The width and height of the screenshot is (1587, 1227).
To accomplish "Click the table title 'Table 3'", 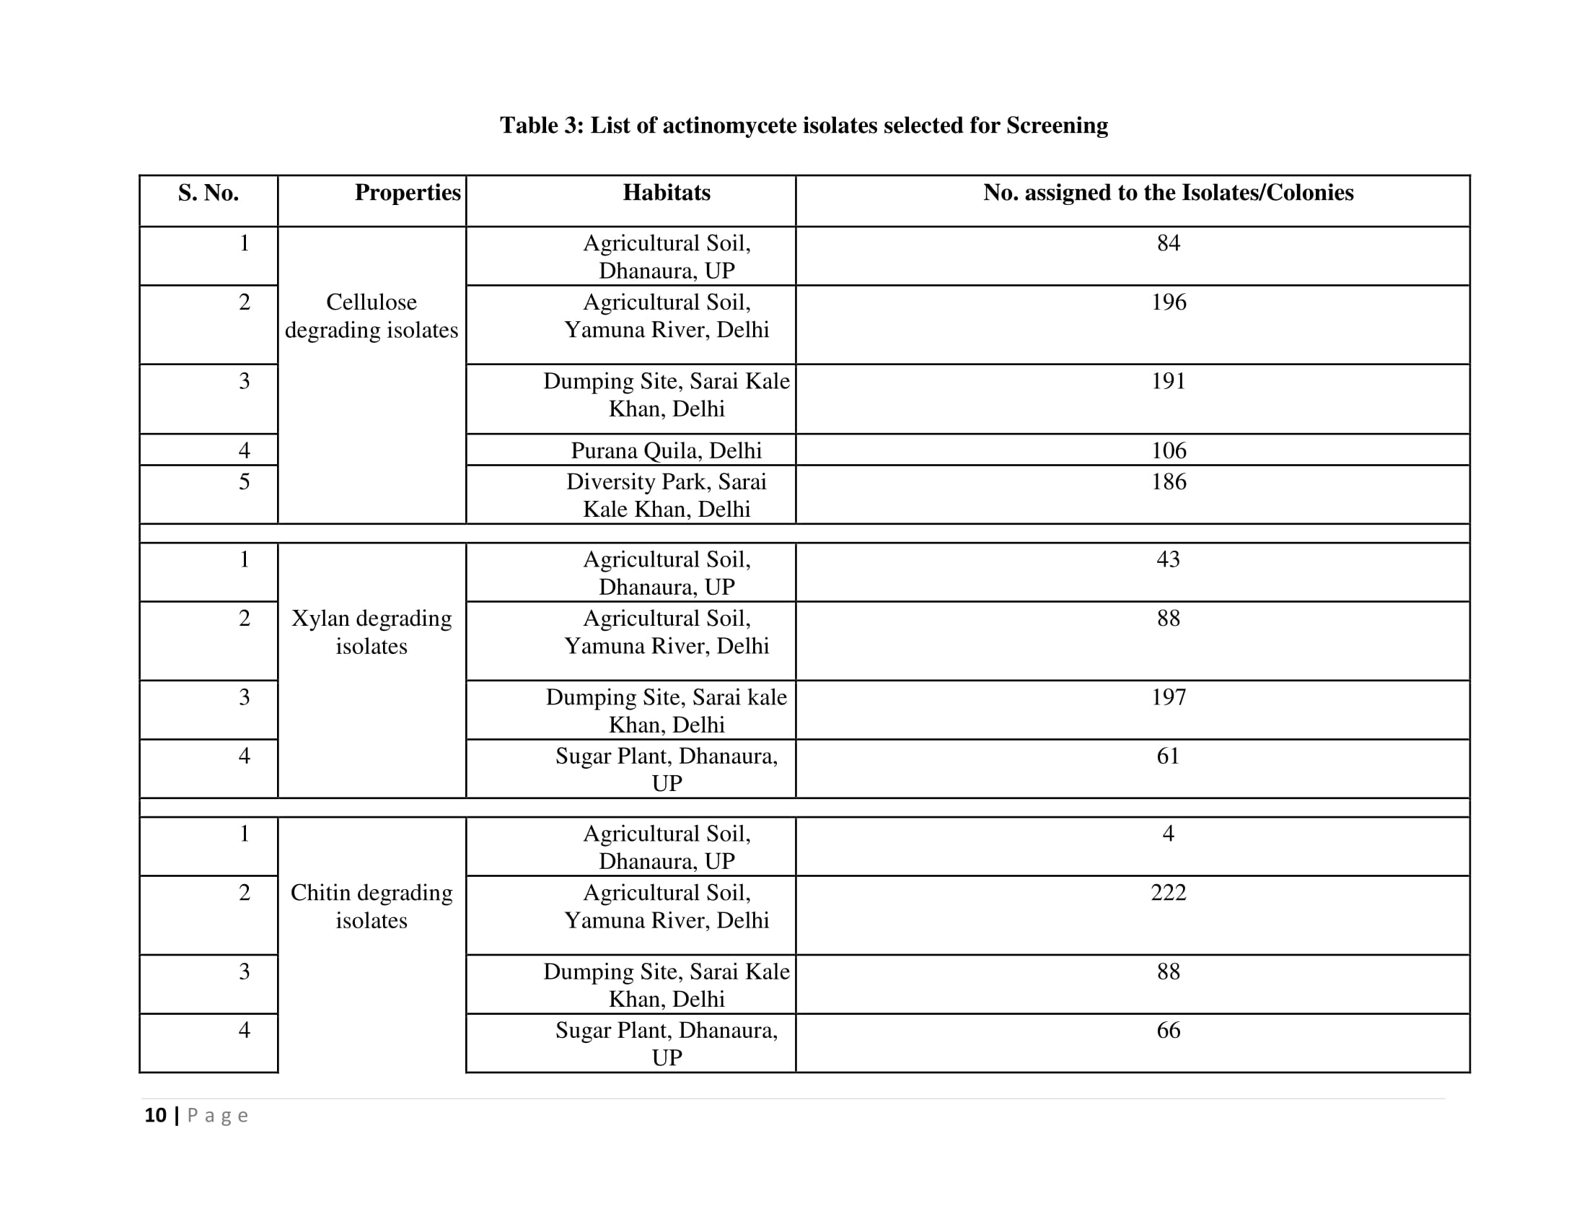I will coord(804,126).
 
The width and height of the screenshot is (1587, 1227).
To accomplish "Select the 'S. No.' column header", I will coord(208,193).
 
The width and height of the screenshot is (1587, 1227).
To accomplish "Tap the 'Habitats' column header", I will coord(667,193).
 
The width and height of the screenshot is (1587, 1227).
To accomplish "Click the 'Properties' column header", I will coord(407,193).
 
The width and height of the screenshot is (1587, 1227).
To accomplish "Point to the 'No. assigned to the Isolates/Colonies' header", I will coord(1168,193).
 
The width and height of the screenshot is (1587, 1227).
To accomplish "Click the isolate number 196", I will coord(1168,302).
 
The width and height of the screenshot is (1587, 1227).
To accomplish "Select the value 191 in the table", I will coord(1168,381).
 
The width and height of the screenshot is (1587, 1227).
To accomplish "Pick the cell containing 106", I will coord(1168,450).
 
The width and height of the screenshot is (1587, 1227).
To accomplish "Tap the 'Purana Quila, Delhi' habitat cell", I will coord(667,450).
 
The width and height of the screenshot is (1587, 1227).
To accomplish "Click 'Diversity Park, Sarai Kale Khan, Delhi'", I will coord(667,495).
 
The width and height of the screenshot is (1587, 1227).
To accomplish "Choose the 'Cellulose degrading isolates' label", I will coord(372,316).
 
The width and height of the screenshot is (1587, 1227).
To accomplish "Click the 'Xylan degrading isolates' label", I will coord(372,632).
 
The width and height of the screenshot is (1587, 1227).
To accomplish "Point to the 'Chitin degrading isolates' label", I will coord(372,907).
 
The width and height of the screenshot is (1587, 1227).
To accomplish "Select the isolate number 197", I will coord(1168,697).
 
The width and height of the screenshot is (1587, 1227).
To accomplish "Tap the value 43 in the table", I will coord(1168,559).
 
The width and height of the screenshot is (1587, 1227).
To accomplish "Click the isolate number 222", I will coord(1168,893).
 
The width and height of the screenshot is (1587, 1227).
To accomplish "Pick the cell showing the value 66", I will coord(1168,1030).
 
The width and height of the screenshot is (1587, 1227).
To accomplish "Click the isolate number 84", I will coord(1168,243).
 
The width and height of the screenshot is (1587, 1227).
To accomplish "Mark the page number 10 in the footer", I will coord(156,1115).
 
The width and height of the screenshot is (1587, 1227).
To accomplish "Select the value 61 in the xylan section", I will coord(1168,756).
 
